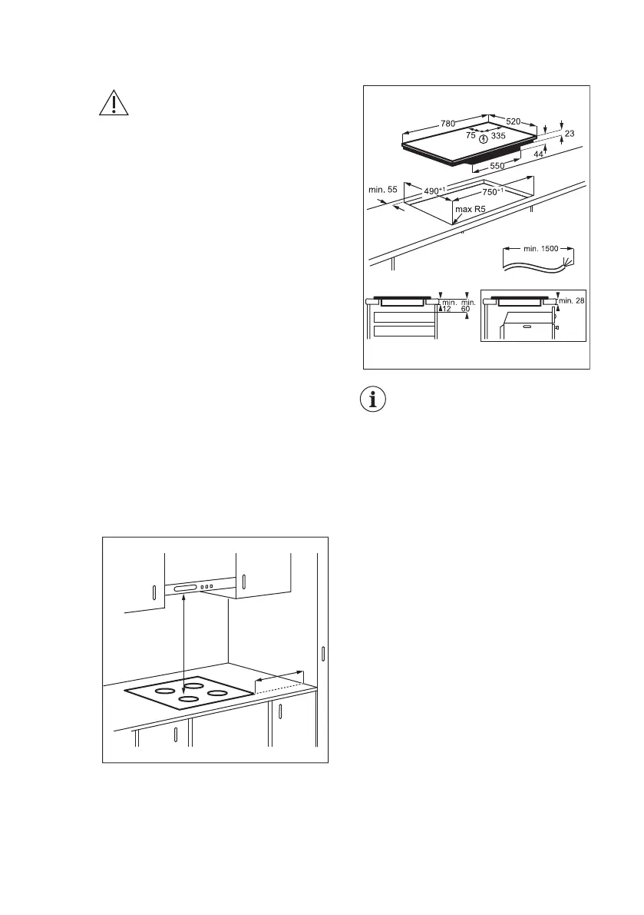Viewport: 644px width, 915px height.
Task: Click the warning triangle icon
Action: (112, 104)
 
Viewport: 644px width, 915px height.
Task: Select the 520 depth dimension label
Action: (514, 122)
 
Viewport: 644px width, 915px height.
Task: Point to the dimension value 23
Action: (569, 134)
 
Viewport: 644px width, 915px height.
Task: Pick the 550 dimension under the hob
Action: (497, 166)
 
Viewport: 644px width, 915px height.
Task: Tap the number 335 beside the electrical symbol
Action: (498, 136)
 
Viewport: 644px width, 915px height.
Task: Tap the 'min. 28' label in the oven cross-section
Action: (572, 300)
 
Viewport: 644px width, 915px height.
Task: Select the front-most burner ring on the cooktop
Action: (189, 699)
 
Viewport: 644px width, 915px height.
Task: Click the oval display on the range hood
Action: (187, 588)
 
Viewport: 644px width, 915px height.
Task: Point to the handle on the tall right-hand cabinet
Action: (324, 655)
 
